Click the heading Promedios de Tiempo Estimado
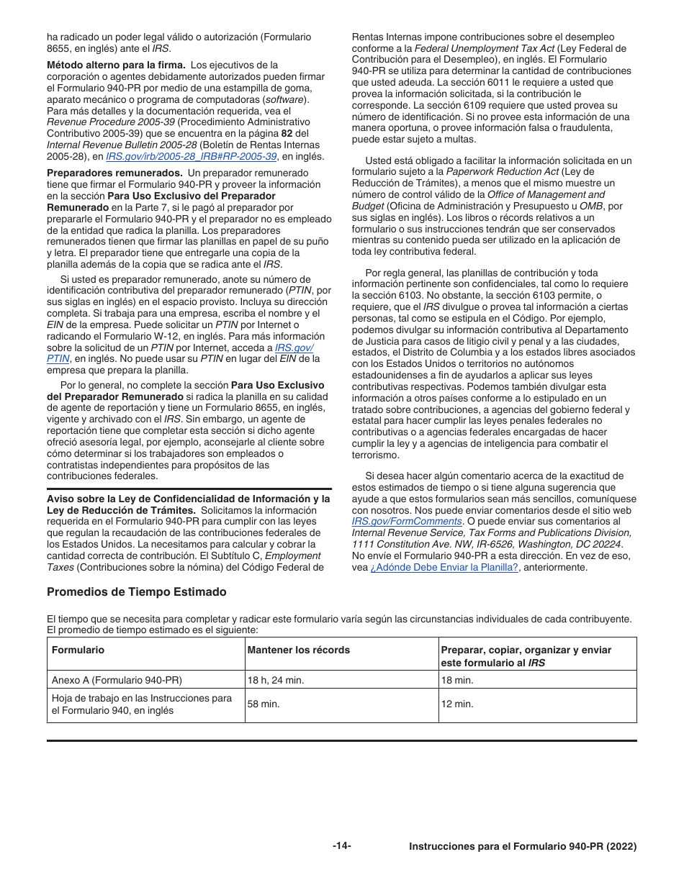(136, 592)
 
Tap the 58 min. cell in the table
(264, 704)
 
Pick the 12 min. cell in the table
(457, 704)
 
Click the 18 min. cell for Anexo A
(457, 680)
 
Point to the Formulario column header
(78, 650)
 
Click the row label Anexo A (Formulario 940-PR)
(117, 680)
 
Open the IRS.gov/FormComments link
(407, 521)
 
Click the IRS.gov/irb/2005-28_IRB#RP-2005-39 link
(191, 156)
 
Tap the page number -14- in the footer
(342, 846)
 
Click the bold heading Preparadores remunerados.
(114, 173)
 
